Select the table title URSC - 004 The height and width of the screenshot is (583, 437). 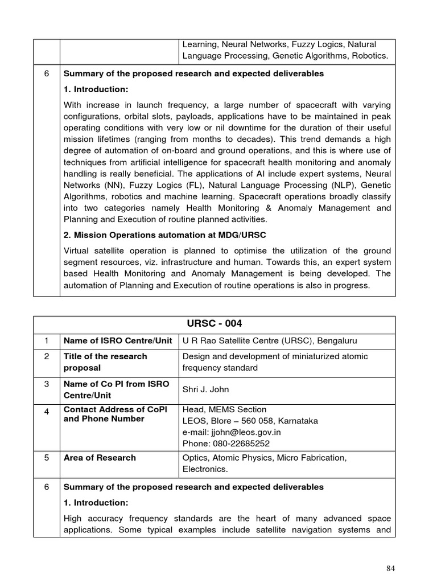tap(215, 323)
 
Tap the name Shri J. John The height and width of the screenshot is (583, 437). tap(207, 389)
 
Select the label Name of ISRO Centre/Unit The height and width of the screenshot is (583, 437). tap(118, 340)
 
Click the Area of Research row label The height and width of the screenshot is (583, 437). tap(100, 458)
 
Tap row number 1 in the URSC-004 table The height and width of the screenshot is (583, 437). tap(47, 340)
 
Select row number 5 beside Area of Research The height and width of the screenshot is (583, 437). tap(47, 458)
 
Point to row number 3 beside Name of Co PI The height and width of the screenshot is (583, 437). tap(47, 384)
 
